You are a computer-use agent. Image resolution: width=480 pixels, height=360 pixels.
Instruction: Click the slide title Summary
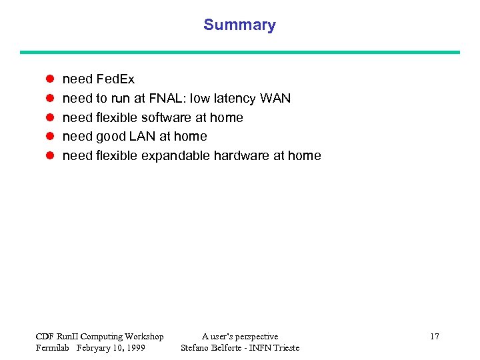click(239, 25)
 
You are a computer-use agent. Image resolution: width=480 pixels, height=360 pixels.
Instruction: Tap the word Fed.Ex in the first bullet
click(115, 79)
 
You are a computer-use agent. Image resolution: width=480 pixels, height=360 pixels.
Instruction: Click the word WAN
click(275, 99)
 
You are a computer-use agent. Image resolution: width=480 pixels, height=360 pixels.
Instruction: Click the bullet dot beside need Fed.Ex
click(49, 79)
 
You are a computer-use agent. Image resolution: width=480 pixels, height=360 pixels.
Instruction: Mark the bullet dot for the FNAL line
click(49, 99)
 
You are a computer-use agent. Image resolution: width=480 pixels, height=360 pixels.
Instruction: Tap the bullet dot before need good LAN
click(49, 137)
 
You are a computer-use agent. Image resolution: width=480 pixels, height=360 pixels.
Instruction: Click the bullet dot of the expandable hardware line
click(49, 156)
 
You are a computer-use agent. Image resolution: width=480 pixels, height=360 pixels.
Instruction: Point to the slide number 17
click(434, 337)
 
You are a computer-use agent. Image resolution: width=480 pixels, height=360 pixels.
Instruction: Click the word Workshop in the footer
click(143, 337)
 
